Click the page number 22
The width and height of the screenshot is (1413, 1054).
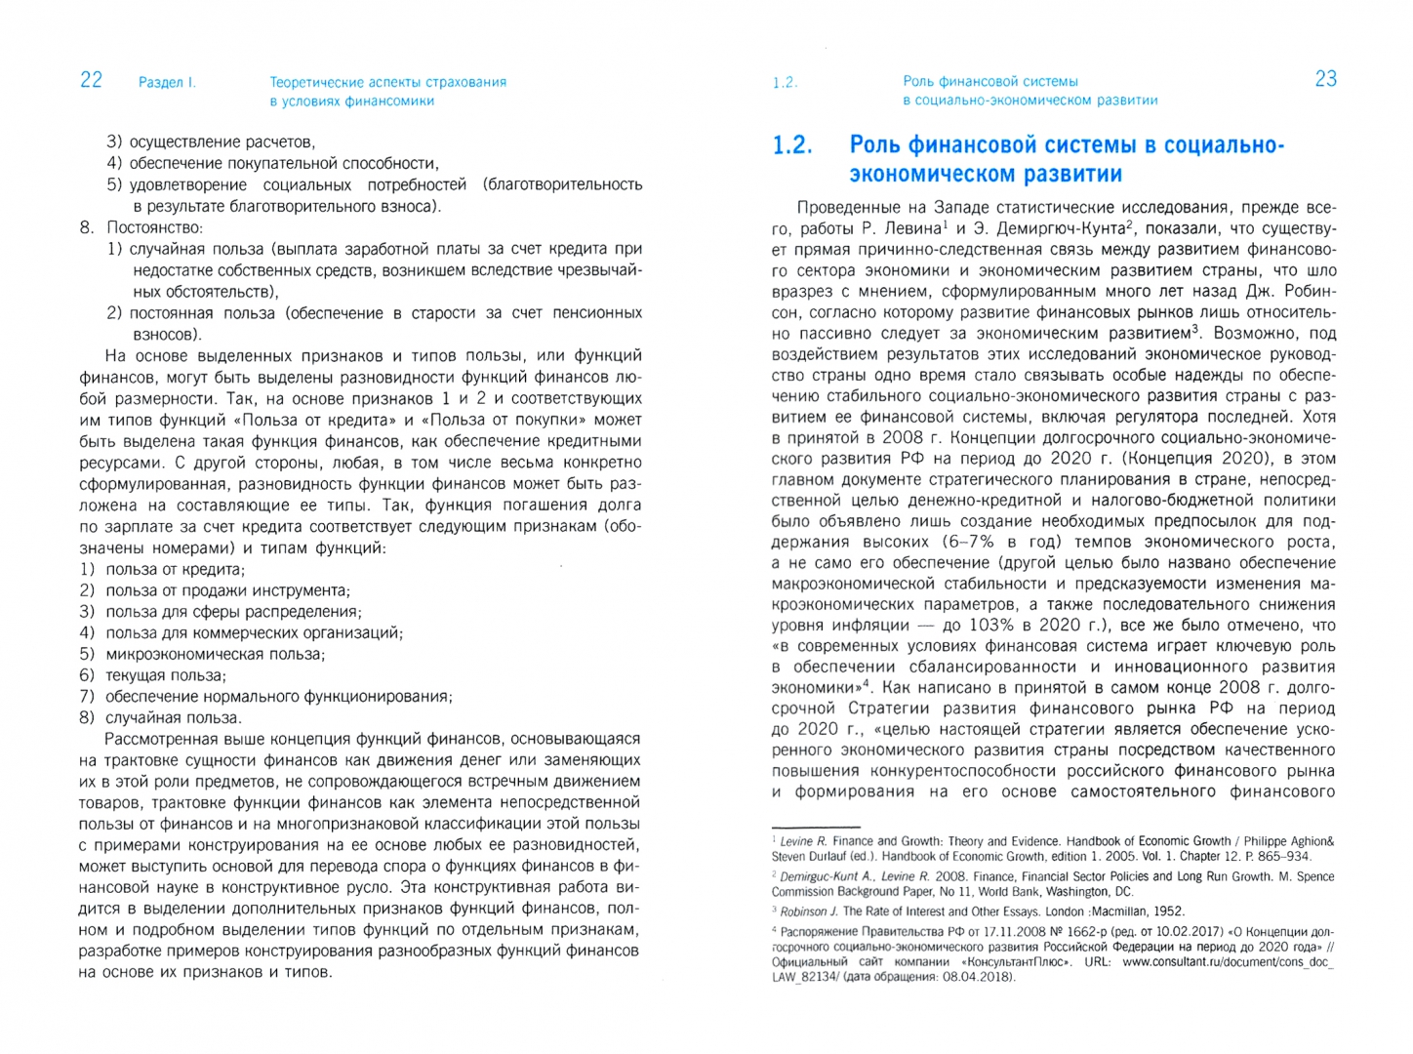[x=91, y=80]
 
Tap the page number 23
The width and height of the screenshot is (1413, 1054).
[x=1325, y=79]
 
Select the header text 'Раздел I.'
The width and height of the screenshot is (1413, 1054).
[x=167, y=83]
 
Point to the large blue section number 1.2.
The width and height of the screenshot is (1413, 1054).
[x=791, y=145]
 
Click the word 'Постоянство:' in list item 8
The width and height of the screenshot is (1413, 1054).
[x=155, y=227]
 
